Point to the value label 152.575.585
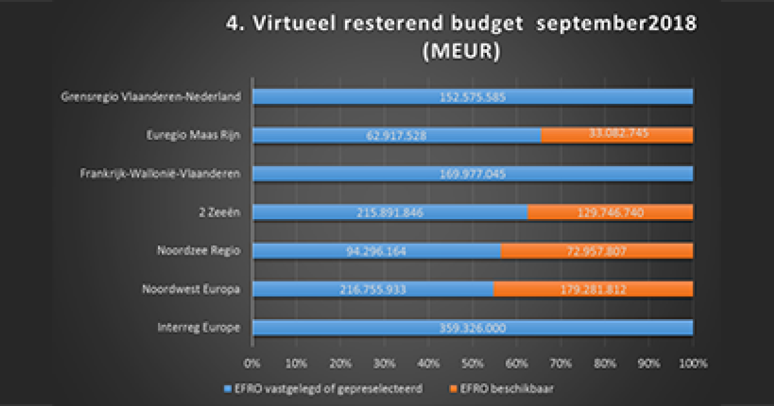tap(473, 97)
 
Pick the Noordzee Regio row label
tap(199, 251)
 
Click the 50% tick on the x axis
tap(472, 363)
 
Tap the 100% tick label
tap(693, 363)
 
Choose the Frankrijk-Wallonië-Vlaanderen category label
tap(161, 173)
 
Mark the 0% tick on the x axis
tap(253, 363)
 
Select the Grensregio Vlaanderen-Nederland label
tap(151, 97)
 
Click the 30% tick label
tap(384, 363)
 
